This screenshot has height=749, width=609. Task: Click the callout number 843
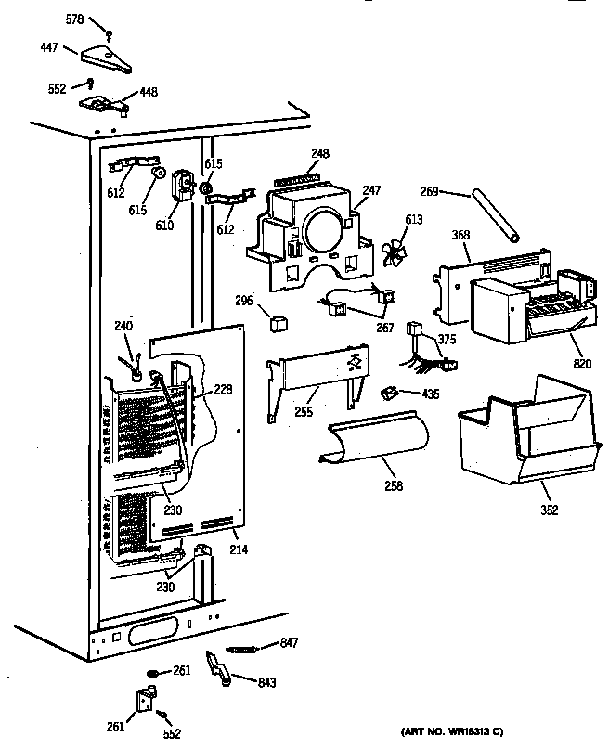[267, 682]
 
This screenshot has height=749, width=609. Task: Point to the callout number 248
[320, 153]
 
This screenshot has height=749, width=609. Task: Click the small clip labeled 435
[391, 394]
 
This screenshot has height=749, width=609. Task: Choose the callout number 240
[123, 326]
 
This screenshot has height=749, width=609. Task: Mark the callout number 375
[447, 340]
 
